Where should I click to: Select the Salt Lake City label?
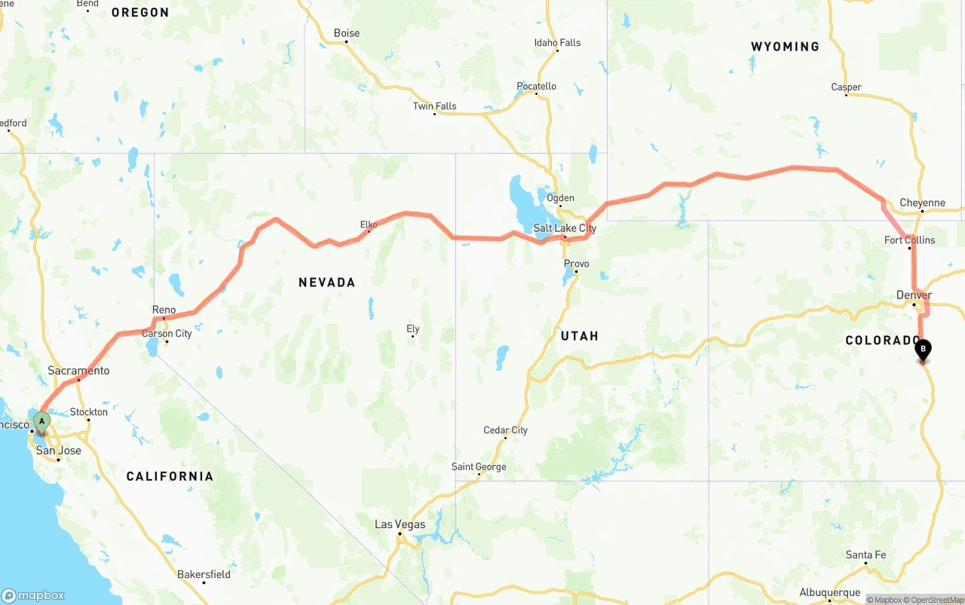pos(565,228)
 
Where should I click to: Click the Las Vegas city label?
pos(400,524)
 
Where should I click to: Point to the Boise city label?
pos(347,33)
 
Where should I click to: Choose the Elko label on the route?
pos(369,225)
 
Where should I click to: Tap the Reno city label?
pos(164,310)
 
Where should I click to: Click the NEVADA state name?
pos(326,283)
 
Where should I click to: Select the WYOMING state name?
pos(785,47)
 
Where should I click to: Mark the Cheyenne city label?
pos(922,203)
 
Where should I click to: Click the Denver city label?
pos(914,295)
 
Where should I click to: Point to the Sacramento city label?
pos(78,371)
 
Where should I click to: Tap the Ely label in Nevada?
pos(412,328)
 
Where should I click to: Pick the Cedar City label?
pos(505,430)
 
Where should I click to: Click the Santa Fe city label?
pos(865,555)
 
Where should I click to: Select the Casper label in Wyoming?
pos(846,87)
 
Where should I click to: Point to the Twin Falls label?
pos(434,106)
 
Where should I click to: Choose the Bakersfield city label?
pos(204,574)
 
